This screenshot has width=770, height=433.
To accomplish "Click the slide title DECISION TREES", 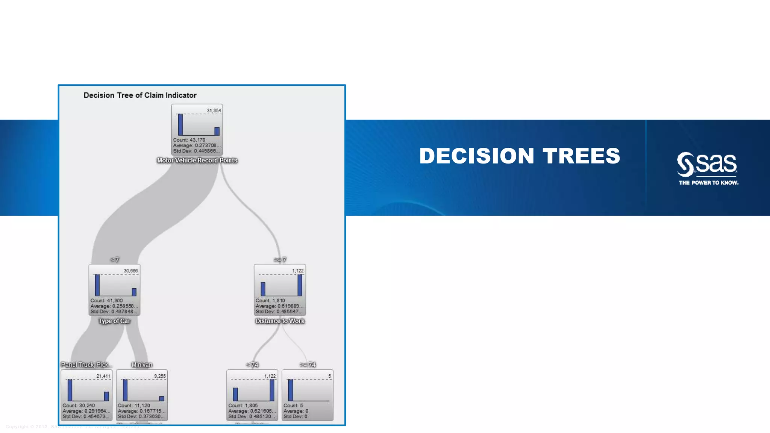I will [520, 156].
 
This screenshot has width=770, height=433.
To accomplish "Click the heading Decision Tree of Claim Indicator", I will [140, 95].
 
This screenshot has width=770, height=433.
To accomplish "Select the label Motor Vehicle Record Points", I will [197, 160].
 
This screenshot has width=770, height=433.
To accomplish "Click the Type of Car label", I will [114, 321].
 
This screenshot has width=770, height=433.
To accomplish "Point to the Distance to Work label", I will [280, 321].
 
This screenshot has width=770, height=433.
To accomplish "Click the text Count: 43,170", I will [189, 140].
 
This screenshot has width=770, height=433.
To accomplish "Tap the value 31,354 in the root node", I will [214, 111].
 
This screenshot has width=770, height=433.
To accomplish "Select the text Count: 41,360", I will [106, 300].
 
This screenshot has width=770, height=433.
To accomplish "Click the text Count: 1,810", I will [270, 300].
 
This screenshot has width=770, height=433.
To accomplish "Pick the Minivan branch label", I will [142, 365].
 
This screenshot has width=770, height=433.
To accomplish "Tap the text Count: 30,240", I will [79, 406].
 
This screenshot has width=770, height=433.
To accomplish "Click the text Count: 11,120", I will [134, 406].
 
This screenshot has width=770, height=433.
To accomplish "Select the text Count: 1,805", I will [243, 406].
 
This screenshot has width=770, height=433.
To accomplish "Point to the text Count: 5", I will [293, 406].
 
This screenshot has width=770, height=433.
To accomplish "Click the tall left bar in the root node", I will [180, 124].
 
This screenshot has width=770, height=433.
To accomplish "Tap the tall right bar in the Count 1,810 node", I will [300, 285].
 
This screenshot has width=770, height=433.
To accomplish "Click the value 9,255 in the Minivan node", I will [160, 376].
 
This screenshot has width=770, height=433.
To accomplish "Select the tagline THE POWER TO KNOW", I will [708, 183].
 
